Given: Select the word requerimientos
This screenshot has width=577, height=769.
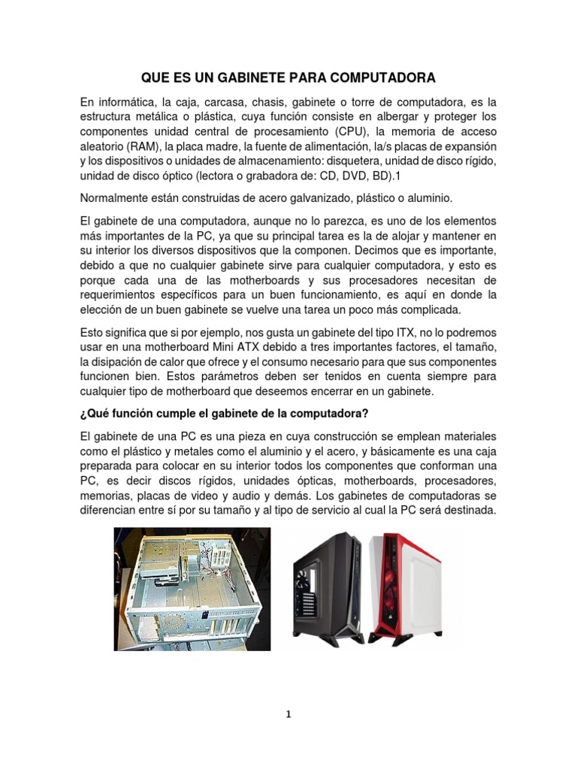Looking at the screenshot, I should pos(126,296).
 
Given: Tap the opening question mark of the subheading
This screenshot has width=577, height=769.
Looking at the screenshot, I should pos(82,414).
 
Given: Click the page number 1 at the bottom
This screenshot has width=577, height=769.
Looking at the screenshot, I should pos(288,714).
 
